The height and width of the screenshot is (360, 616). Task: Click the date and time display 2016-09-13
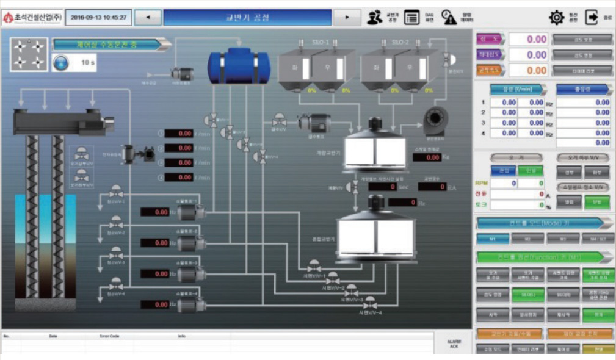(x=98, y=17)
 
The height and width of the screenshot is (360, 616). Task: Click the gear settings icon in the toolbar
(x=556, y=17)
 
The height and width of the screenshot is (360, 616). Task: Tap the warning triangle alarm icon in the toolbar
(x=449, y=17)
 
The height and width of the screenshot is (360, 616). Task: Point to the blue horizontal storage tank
(x=239, y=67)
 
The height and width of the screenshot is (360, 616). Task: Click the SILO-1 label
(x=321, y=43)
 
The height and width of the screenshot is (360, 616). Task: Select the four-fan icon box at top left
(x=29, y=54)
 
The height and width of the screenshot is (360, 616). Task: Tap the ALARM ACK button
(x=453, y=345)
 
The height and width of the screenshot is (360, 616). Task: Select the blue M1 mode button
(x=493, y=239)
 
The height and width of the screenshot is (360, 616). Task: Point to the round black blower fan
(x=437, y=121)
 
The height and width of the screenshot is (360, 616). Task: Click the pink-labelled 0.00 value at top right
(x=529, y=39)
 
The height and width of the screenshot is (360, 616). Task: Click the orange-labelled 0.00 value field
(x=529, y=71)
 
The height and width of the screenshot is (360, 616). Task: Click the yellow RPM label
(x=482, y=182)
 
